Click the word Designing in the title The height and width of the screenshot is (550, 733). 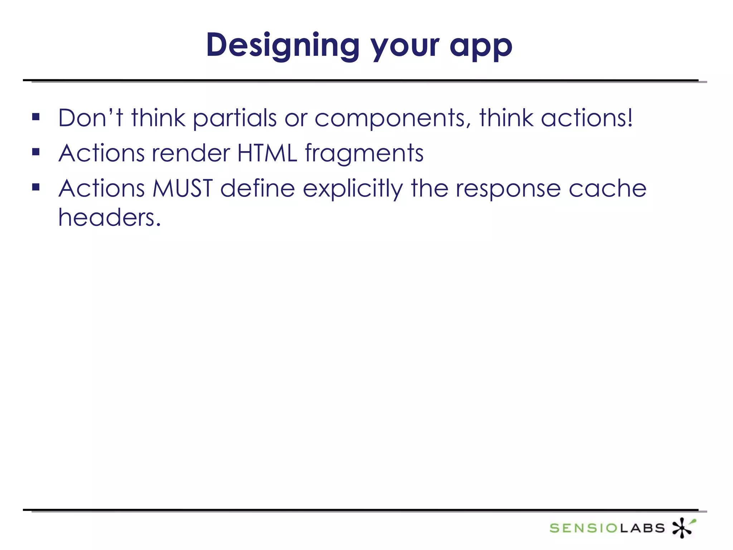[283, 46]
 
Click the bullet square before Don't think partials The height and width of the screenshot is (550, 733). [36, 117]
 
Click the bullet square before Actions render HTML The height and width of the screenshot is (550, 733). [36, 152]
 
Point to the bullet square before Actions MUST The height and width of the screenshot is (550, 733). [36, 187]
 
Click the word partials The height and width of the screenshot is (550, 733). [235, 119]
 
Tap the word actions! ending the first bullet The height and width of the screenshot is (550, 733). [587, 118]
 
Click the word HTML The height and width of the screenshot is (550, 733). [267, 153]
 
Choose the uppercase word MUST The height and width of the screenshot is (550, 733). [183, 188]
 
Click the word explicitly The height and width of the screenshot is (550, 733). [353, 189]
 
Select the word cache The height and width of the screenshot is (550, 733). [607, 189]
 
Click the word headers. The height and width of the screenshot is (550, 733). [109, 217]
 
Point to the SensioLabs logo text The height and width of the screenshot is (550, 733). [607, 528]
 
